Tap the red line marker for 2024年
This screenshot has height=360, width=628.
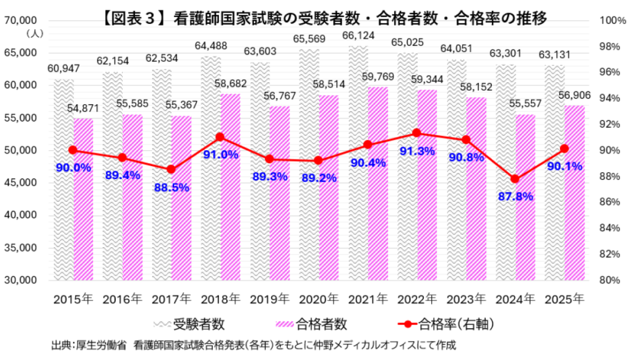coord(515,179)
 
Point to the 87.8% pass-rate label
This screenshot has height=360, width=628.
coord(515,197)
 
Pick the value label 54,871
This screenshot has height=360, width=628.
coord(83,109)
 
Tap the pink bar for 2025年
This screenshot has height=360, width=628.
coord(574,196)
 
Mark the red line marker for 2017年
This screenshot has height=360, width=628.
coord(171,169)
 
